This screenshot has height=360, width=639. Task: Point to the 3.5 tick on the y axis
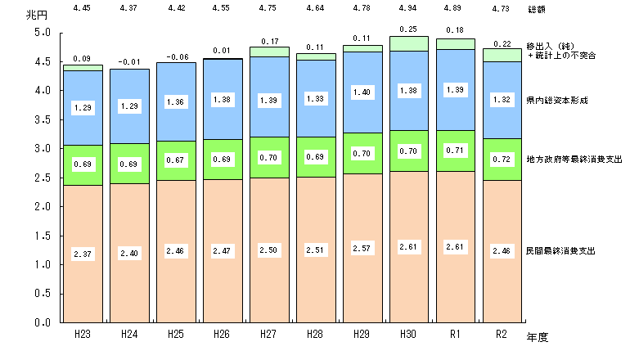[x=43, y=119]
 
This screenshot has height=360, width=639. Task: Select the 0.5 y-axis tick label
[x=43, y=294]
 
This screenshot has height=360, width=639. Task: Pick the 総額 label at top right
[x=537, y=10]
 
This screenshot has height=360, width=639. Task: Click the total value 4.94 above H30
[x=408, y=10]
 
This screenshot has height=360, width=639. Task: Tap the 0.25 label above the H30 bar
[x=408, y=29]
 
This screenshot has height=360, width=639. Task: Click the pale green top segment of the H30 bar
[x=408, y=44]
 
